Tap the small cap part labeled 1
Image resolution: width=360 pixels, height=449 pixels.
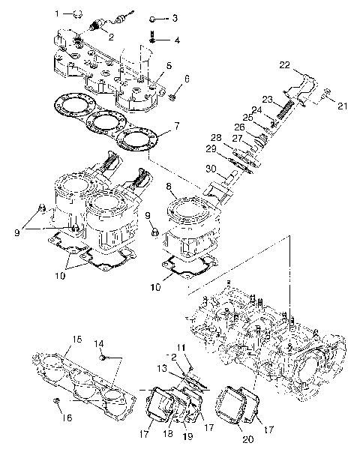coord(76,13)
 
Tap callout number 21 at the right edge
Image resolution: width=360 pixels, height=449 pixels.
coord(343,106)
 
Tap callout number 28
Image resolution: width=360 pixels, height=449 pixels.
coord(215,137)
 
